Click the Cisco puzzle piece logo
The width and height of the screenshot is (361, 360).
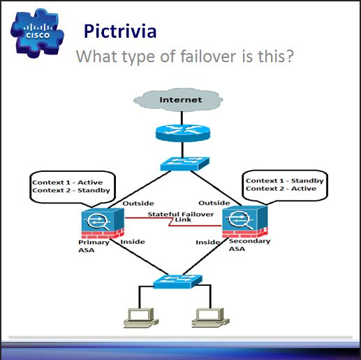pyautogui.click(x=37, y=33)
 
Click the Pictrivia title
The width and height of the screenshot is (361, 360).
pyautogui.click(x=120, y=31)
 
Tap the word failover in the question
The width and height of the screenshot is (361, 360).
pyautogui.click(x=208, y=56)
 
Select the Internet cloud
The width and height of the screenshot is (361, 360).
pyautogui.click(x=178, y=100)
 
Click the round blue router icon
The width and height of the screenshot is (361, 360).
pyautogui.click(x=182, y=133)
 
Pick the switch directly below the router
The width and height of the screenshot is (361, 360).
pyautogui.click(x=185, y=164)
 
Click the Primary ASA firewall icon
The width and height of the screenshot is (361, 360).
pyautogui.click(x=103, y=223)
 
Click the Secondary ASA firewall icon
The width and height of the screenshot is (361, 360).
pyautogui.click(x=245, y=222)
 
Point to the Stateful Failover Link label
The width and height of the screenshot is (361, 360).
pyautogui.click(x=181, y=217)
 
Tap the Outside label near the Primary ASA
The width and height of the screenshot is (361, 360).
pyautogui.click(x=138, y=203)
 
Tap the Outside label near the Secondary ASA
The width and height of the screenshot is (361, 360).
pyautogui.click(x=214, y=203)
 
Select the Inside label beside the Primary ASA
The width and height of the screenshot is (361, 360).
pyautogui.click(x=133, y=242)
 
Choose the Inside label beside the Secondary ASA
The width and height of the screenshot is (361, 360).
pyautogui.click(x=208, y=243)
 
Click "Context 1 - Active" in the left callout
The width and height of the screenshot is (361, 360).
pyautogui.click(x=68, y=182)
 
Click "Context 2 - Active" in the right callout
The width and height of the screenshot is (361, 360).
pyautogui.click(x=281, y=189)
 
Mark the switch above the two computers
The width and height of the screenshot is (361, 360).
pyautogui.click(x=177, y=281)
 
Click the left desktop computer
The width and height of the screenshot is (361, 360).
pyautogui.click(x=141, y=318)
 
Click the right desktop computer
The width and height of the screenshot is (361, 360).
pyautogui.click(x=211, y=318)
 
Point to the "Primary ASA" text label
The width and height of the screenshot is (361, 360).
pyautogui.click(x=94, y=246)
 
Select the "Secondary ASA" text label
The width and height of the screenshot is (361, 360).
pyautogui.click(x=249, y=245)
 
